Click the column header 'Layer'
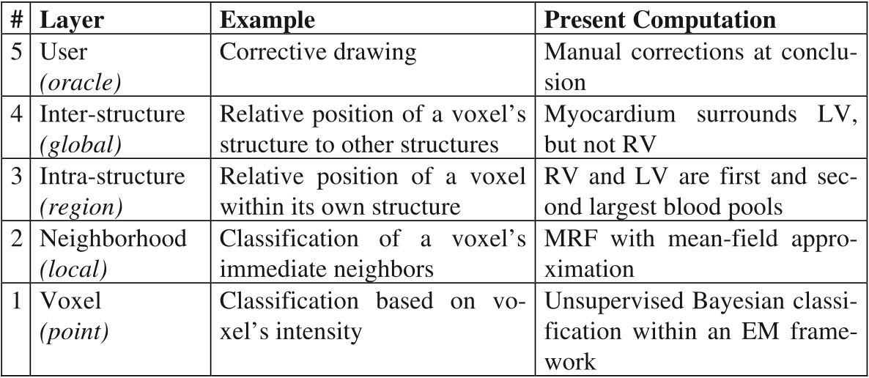click(72, 20)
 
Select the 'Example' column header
click(267, 20)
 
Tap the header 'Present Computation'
click(660, 20)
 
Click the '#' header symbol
click(17, 20)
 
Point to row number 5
click(17, 51)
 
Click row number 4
click(17, 114)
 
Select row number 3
click(17, 177)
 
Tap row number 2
click(17, 239)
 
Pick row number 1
click(17, 301)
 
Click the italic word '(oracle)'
click(80, 83)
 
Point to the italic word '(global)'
click(80, 144)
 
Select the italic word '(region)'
click(81, 207)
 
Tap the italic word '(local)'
click(74, 270)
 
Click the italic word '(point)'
click(74, 332)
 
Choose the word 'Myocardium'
click(610, 115)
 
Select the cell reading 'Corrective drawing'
click(317, 52)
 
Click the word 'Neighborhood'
click(114, 239)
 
